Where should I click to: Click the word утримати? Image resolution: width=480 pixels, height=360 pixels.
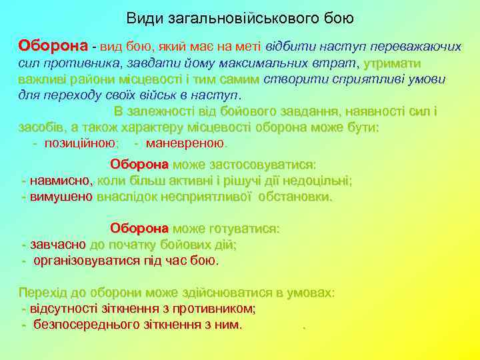click(393, 63)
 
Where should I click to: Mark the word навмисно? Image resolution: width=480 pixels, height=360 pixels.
click(59, 181)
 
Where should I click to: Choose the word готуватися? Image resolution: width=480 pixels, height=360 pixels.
click(244, 229)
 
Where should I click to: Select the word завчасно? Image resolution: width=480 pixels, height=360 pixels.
click(58, 245)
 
